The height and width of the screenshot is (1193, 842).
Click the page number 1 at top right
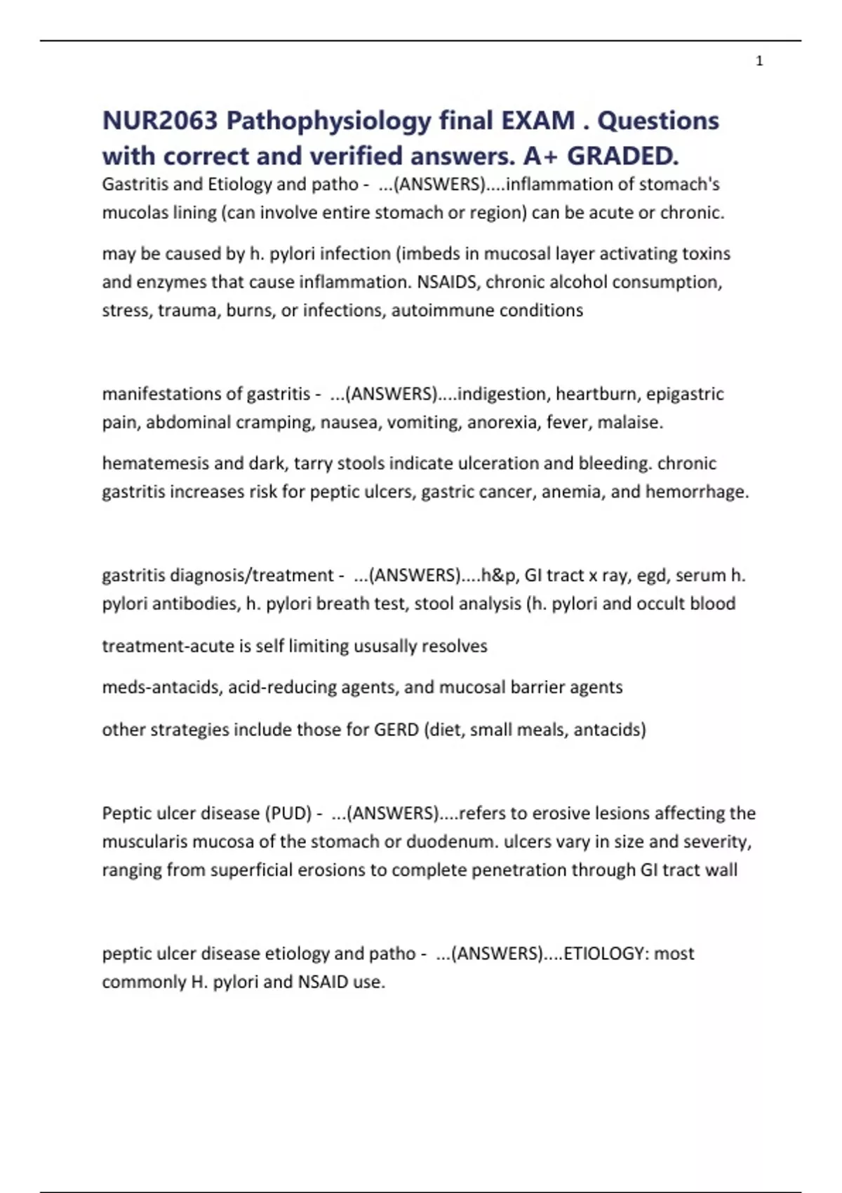759,62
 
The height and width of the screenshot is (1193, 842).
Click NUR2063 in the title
160,121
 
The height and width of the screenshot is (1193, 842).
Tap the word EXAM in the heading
537,121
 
